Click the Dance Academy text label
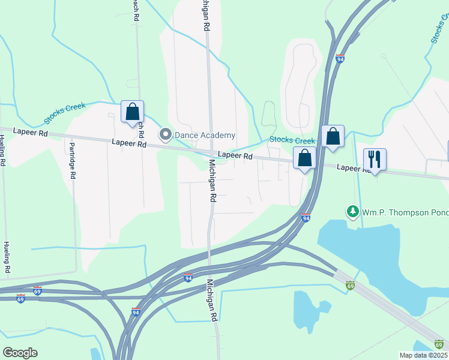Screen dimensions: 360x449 pos(205,135)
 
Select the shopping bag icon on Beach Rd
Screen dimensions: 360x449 pos(132,112)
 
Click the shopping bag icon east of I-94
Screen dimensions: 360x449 pos(332,136)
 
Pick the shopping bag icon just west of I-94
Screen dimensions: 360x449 pos(305,158)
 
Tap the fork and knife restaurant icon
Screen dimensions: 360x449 pos(375,160)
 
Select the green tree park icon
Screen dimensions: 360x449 pos(352,211)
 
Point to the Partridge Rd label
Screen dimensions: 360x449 pos(72,160)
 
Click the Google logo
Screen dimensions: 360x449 pos(19,352)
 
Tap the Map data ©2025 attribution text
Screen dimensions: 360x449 pos(423,355)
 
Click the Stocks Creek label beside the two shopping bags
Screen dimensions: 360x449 pos(292,140)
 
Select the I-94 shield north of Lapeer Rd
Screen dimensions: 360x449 pos(340,59)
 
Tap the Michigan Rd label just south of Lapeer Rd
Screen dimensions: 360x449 pos(212,182)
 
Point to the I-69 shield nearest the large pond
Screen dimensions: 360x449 pos(350,285)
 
